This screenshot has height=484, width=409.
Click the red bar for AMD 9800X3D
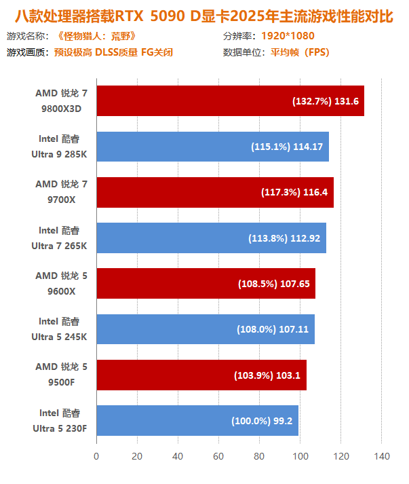coord(190,101)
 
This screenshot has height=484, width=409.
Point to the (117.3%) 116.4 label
coord(294,192)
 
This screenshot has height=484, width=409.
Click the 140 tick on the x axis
coord(382,456)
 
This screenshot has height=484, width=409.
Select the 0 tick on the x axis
coord(96,456)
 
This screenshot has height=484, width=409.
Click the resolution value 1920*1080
coord(288,36)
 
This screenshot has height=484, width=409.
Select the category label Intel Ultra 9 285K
coord(59,147)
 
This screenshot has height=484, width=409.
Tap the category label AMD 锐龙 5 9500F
coord(61,375)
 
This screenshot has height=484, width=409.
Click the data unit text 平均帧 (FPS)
coord(299,52)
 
